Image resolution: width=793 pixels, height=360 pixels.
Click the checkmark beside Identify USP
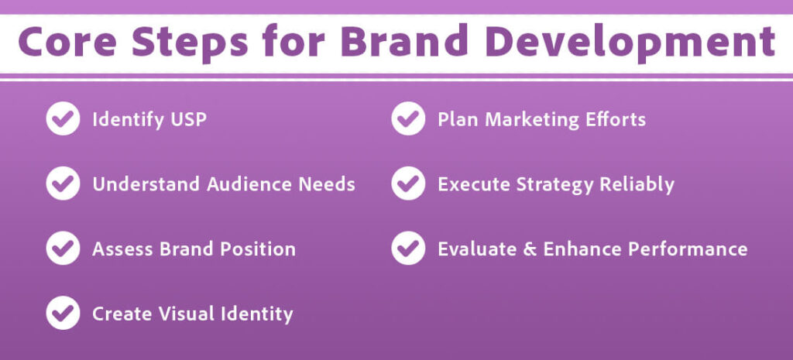pyautogui.click(x=63, y=120)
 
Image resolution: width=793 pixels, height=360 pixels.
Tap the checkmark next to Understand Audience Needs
pyautogui.click(x=63, y=184)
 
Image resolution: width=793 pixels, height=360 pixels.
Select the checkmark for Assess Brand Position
pyautogui.click(x=63, y=249)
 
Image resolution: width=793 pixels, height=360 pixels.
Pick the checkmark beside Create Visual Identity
pyautogui.click(x=63, y=314)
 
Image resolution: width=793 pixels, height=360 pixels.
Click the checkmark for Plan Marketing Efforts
pyautogui.click(x=408, y=120)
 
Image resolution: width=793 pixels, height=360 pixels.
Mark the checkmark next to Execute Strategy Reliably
pyautogui.click(x=408, y=184)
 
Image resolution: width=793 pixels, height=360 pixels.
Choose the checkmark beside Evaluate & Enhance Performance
pyautogui.click(x=408, y=249)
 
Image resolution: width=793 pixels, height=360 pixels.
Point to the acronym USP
pyautogui.click(x=187, y=120)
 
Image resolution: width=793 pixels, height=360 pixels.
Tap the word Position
pyautogui.click(x=259, y=249)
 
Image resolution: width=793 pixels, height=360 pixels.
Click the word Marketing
pyautogui.click(x=530, y=120)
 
